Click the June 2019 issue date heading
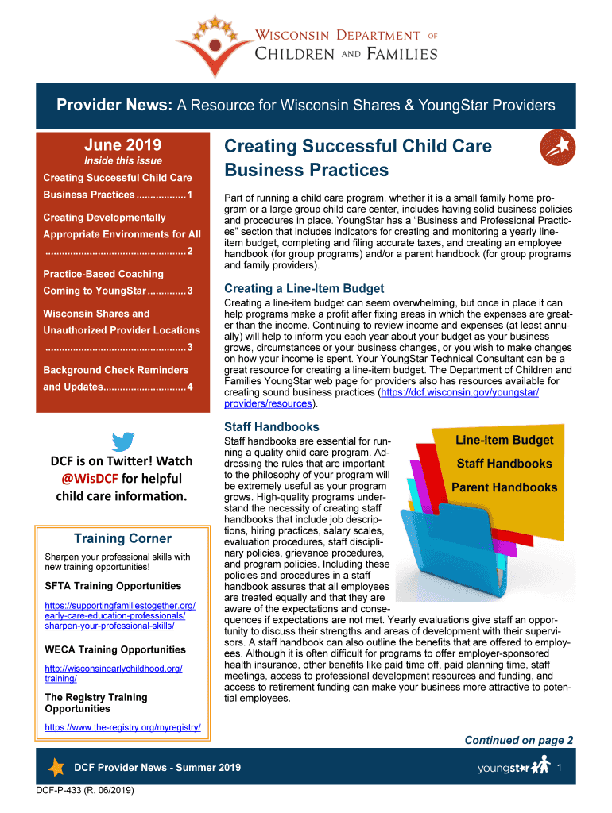click(x=122, y=144)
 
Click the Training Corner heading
click(x=122, y=539)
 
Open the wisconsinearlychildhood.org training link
click(x=114, y=673)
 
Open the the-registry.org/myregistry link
click(x=122, y=727)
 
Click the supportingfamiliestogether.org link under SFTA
click(x=120, y=616)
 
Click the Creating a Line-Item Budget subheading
click(x=304, y=289)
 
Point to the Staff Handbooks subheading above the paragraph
click(x=272, y=427)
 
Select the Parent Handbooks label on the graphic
click(x=504, y=487)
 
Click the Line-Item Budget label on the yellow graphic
click(x=504, y=440)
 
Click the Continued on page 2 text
click(x=518, y=741)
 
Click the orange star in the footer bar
click(x=56, y=768)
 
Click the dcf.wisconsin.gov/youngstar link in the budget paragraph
click(x=460, y=393)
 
